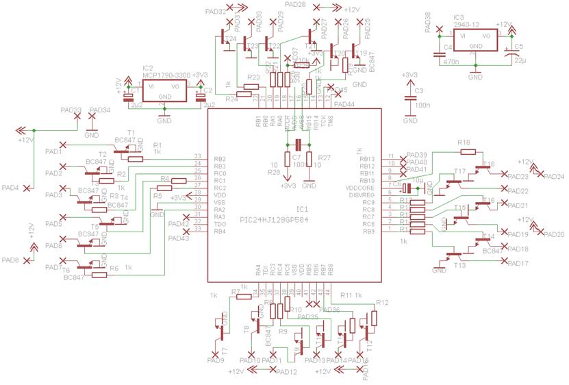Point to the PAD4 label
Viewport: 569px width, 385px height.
pyautogui.click(x=10, y=187)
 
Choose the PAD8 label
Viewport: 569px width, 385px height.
pyautogui.click(x=10, y=260)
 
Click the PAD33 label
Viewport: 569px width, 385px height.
pyautogui.click(x=71, y=110)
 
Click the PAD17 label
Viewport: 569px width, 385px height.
pyautogui.click(x=518, y=264)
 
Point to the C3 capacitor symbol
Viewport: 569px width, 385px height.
pyautogui.click(x=410, y=98)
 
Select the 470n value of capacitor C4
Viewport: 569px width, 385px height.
pyautogui.click(x=451, y=62)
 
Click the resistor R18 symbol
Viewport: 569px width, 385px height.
pyautogui.click(x=465, y=151)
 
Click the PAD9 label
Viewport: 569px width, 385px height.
pyautogui.click(x=214, y=360)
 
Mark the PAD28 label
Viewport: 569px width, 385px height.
pyautogui.click(x=295, y=5)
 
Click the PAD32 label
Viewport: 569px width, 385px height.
pyautogui.click(x=215, y=12)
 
